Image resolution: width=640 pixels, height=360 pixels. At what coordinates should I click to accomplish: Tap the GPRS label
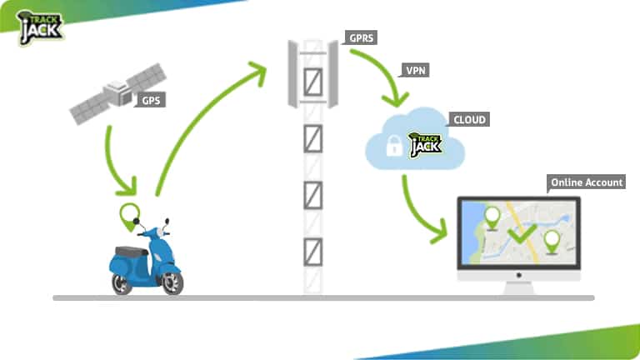[x=361, y=38]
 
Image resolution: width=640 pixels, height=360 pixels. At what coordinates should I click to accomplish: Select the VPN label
[x=417, y=71]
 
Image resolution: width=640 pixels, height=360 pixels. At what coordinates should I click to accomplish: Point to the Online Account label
[x=586, y=182]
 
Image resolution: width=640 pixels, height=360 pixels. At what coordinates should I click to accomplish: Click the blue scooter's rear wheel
[x=122, y=282]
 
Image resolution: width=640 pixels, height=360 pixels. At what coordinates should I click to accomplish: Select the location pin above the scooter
[x=129, y=215]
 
